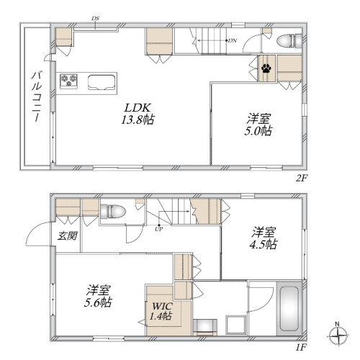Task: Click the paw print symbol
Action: tap(266, 68)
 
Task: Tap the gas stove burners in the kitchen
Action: tap(68, 81)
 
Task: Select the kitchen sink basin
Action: tap(101, 82)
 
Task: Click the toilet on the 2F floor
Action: tap(289, 41)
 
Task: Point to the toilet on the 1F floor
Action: tap(113, 211)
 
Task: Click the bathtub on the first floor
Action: tap(289, 308)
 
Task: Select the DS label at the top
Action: tap(95, 19)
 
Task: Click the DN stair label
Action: tap(233, 40)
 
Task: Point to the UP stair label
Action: tap(158, 229)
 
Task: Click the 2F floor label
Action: tap(302, 178)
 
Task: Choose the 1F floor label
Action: tap(302, 347)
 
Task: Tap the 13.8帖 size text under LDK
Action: tap(138, 120)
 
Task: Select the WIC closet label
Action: tap(163, 306)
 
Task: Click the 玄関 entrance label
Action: tap(68, 236)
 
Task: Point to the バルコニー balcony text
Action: tap(37, 96)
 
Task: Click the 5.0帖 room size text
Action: tap(258, 131)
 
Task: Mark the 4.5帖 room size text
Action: tap(264, 244)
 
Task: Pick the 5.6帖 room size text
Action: tap(98, 302)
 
